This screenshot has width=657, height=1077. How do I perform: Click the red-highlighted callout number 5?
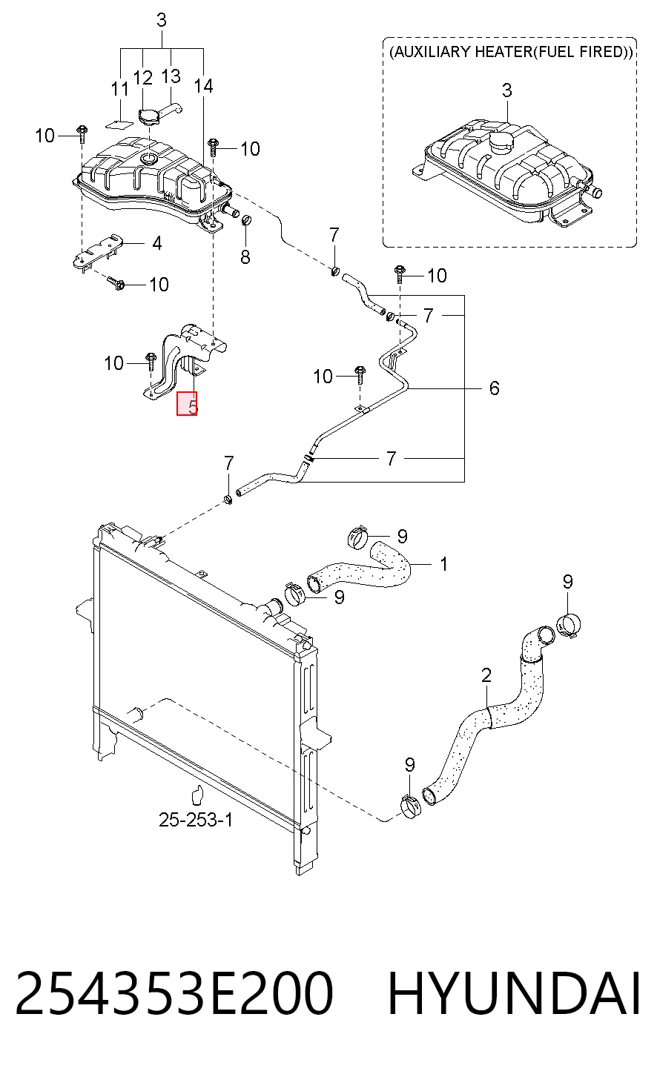[x=187, y=403]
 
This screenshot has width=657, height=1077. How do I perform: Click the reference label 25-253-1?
[x=196, y=820]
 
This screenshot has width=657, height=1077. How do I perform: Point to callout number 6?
[x=495, y=388]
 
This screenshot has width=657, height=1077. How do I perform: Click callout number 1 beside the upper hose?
[x=444, y=564]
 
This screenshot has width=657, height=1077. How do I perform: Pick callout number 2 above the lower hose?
[x=486, y=675]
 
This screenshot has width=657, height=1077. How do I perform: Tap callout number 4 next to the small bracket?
[x=156, y=243]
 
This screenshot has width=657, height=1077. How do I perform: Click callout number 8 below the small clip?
[x=245, y=257]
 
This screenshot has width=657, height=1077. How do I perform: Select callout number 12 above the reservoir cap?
[x=143, y=78]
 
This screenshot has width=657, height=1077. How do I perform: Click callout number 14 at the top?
[x=203, y=87]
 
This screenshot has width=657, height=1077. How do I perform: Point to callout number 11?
[x=120, y=89]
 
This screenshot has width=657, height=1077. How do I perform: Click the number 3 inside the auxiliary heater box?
[x=507, y=90]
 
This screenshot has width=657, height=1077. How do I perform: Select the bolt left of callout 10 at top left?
[x=82, y=135]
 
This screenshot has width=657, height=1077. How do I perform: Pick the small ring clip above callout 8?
[x=245, y=221]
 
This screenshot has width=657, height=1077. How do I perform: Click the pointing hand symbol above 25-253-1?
[x=197, y=794]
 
